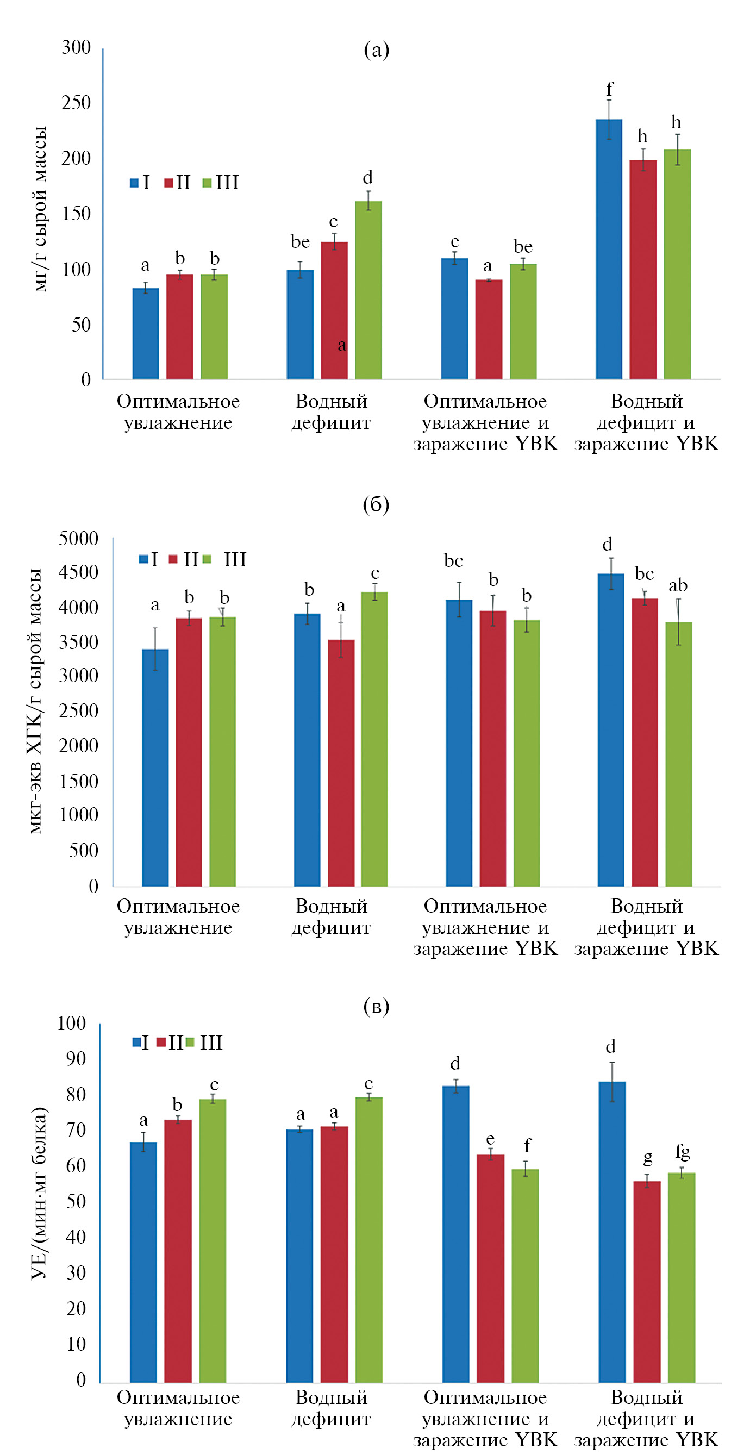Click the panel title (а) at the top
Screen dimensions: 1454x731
(376, 50)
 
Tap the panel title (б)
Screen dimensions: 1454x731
(376, 504)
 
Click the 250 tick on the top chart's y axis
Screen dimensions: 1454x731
(76, 103)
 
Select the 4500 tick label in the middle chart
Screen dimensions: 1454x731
(78, 572)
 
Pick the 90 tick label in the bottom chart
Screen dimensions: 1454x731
(76, 1059)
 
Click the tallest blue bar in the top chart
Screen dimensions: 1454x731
(609, 248)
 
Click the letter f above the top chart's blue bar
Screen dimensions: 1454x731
(609, 89)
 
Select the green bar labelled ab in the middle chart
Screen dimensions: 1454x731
(678, 753)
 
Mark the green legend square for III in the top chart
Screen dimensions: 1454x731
(207, 183)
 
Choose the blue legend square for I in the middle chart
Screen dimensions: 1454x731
(143, 559)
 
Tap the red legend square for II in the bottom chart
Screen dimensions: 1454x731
(161, 1042)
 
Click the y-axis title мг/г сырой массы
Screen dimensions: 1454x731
(40, 209)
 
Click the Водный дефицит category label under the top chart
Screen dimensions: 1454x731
(332, 412)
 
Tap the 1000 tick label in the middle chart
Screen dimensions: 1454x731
(78, 814)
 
